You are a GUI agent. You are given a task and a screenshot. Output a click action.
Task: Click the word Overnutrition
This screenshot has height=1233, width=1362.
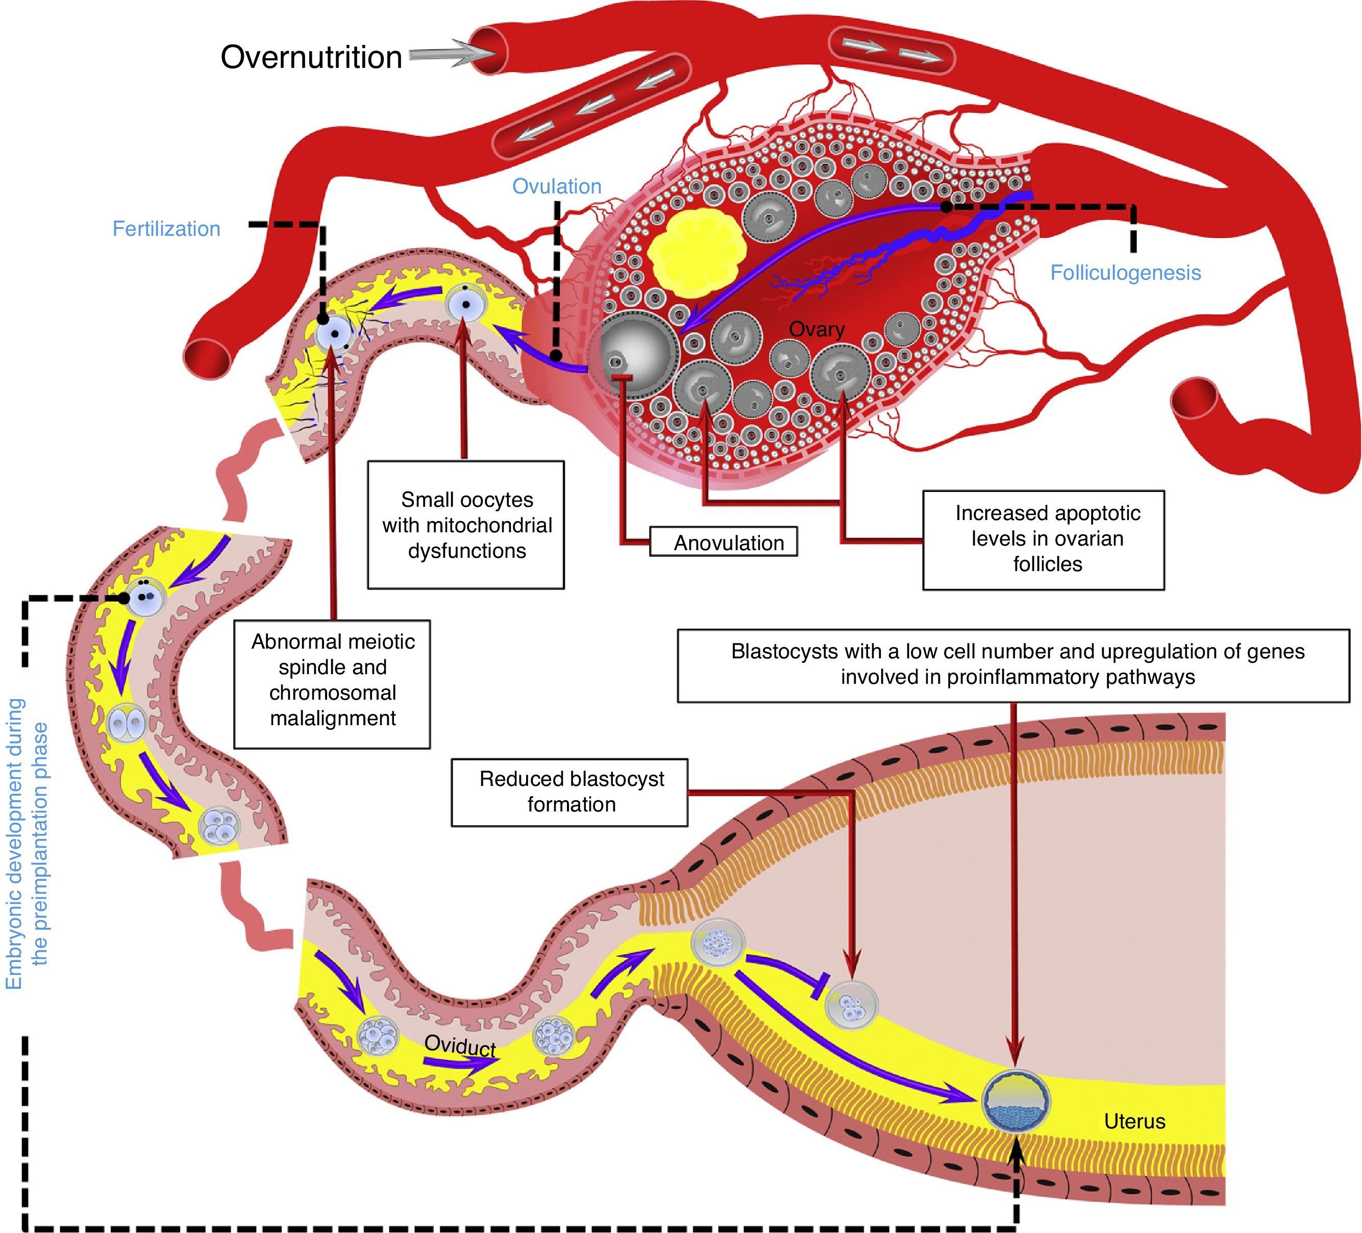click(x=311, y=58)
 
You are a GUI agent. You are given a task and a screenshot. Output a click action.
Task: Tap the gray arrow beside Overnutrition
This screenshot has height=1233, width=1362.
click(x=443, y=56)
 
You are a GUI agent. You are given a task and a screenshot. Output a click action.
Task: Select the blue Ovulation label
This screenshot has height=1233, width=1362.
click(x=557, y=186)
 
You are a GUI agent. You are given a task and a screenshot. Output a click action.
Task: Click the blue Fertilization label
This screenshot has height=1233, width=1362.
click(x=166, y=229)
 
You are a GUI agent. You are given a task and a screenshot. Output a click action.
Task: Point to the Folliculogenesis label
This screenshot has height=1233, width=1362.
click(x=1125, y=273)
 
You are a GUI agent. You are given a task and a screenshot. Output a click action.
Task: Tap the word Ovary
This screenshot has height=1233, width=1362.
click(x=817, y=330)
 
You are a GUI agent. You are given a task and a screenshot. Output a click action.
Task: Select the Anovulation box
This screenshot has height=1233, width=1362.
click(x=724, y=542)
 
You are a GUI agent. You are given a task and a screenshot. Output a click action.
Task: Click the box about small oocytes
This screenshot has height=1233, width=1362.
click(x=466, y=525)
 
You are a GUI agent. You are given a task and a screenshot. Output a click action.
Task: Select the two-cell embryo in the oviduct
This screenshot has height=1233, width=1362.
click(x=127, y=724)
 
